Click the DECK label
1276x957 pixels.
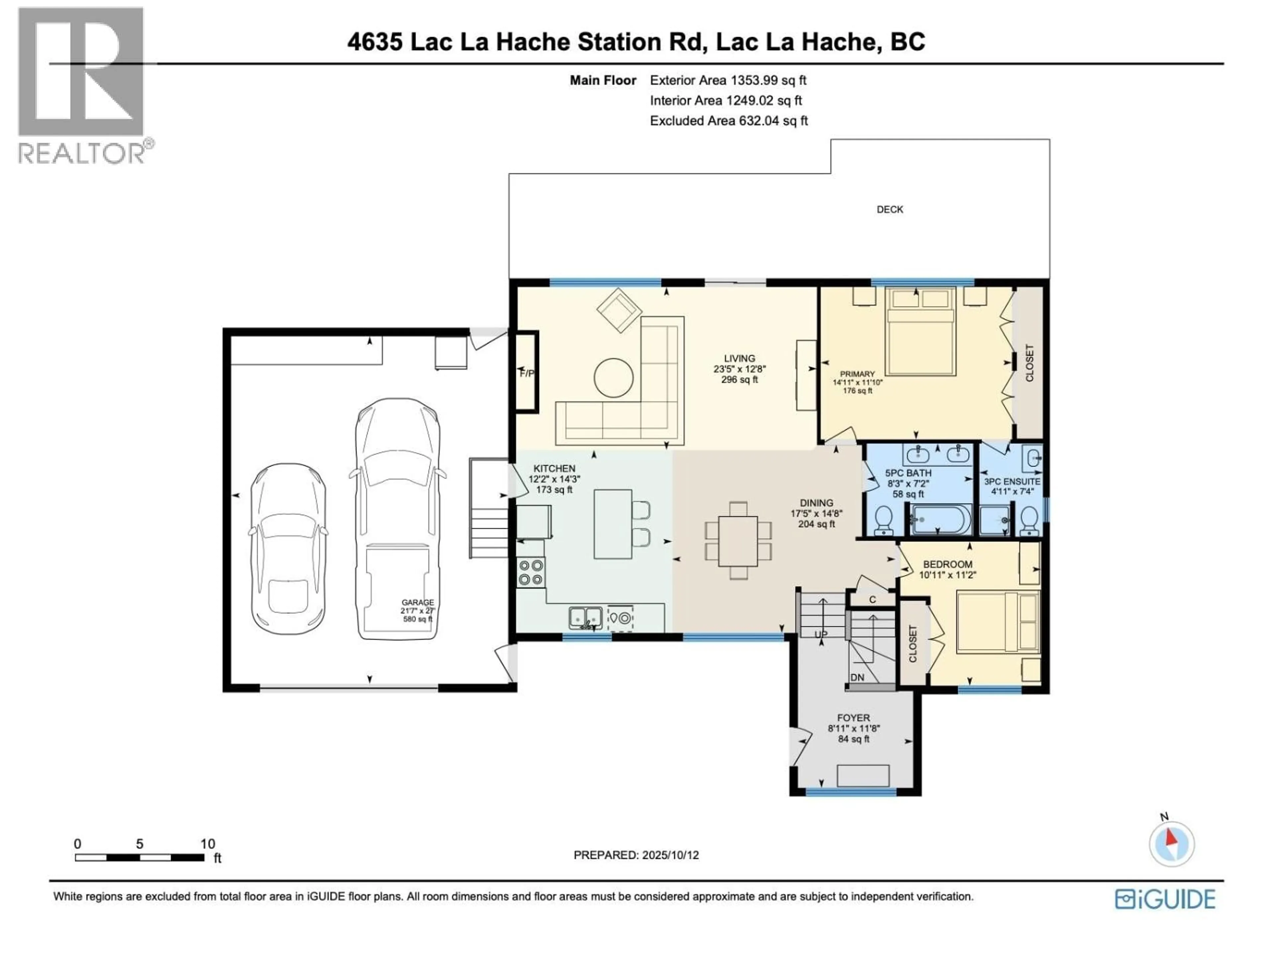pos(890,209)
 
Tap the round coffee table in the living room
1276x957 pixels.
pos(614,378)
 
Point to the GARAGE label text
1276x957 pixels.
pos(418,602)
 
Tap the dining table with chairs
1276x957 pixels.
pos(738,541)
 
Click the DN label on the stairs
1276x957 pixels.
pos(857,677)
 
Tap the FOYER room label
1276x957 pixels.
pos(853,718)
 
